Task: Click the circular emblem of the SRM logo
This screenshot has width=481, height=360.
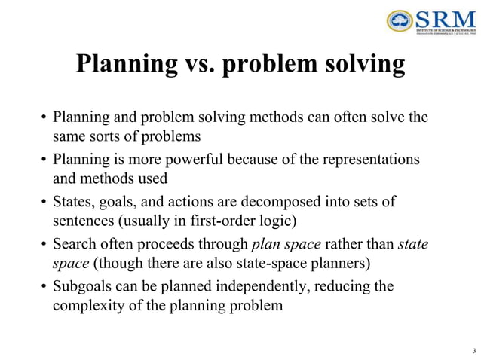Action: [x=400, y=21]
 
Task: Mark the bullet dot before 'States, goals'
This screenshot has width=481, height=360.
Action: [x=44, y=203]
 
